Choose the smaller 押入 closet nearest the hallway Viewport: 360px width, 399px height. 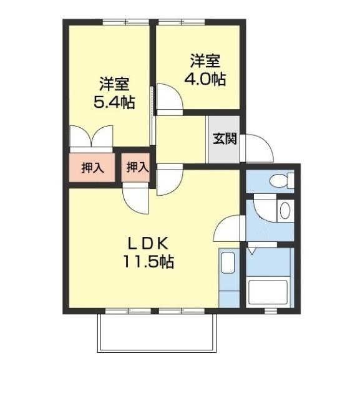click(x=137, y=167)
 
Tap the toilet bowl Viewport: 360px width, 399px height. click(x=280, y=181)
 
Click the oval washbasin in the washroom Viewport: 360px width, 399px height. click(x=285, y=210)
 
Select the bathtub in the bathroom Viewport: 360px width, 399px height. click(x=268, y=292)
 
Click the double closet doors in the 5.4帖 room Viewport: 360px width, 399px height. click(x=90, y=138)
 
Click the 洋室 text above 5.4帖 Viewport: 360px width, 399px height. click(x=114, y=84)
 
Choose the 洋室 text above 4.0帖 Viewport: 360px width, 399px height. click(x=205, y=62)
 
